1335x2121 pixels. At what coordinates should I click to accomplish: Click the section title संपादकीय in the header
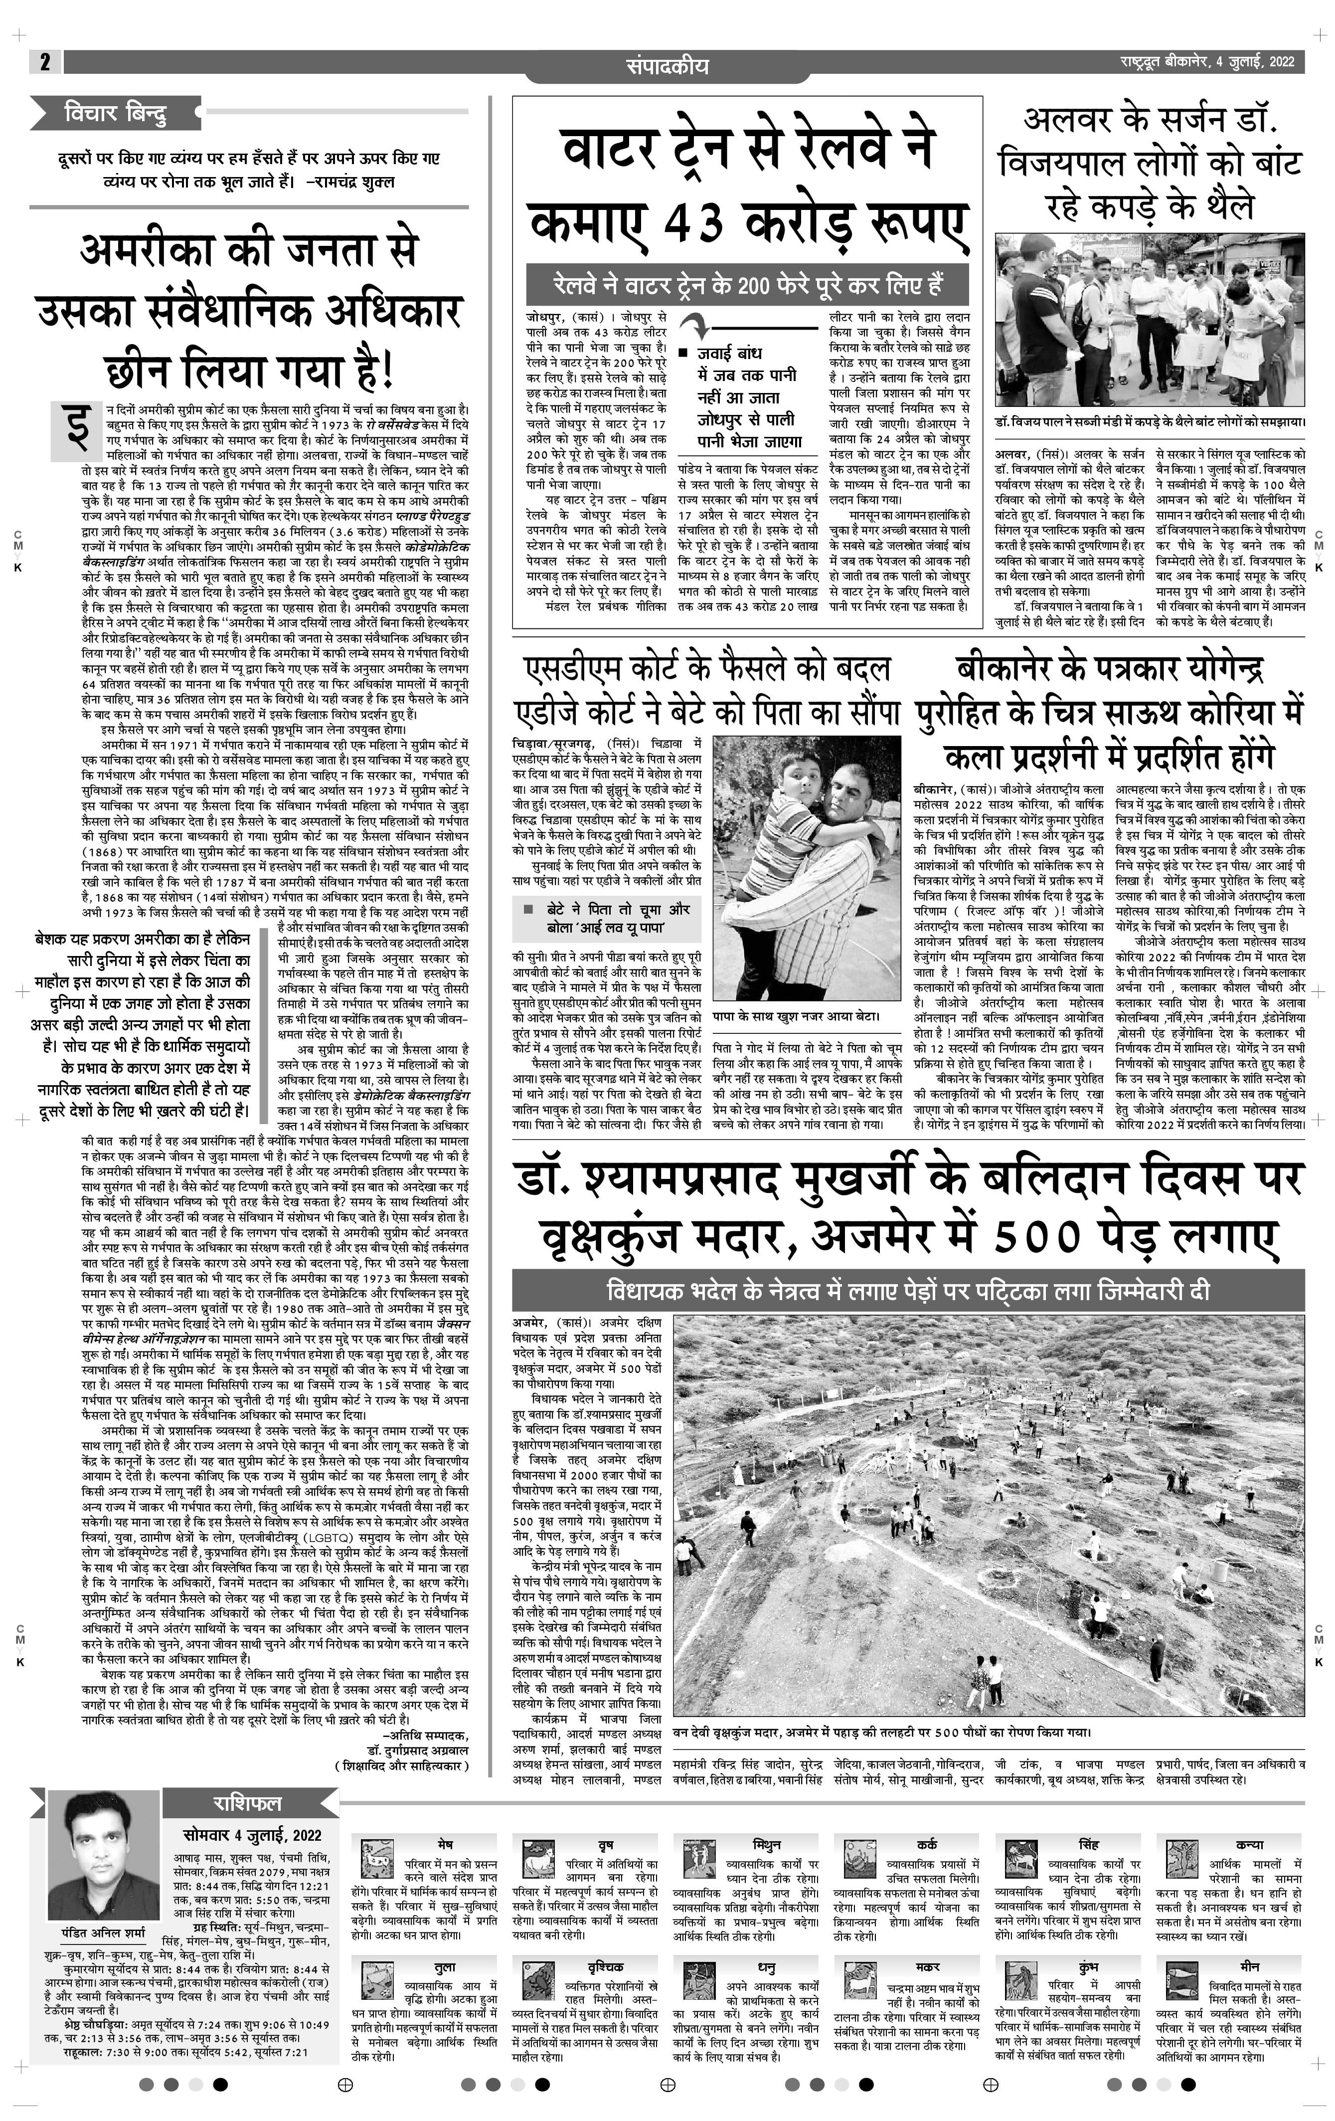pyautogui.click(x=667, y=66)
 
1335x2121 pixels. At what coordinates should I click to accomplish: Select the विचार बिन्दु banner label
pyautogui.click(x=115, y=114)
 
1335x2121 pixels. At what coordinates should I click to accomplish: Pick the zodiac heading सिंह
pyautogui.click(x=1088, y=1844)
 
